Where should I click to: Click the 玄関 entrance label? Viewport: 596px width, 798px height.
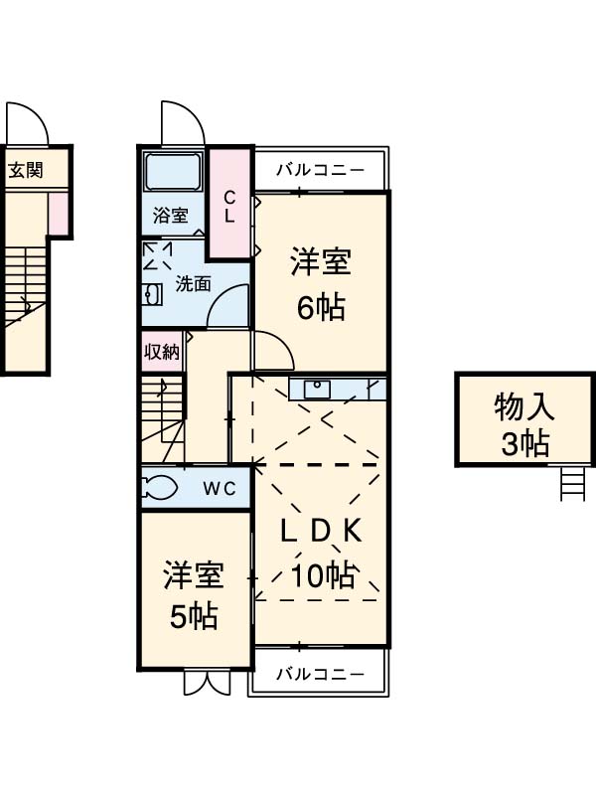tap(27, 169)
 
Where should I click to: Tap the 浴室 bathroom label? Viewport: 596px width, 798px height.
tap(169, 214)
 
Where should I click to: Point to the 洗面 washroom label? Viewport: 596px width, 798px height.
tap(193, 282)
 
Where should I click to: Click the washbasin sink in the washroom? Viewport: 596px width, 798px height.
tap(151, 294)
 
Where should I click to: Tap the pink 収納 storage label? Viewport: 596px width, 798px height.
tap(162, 350)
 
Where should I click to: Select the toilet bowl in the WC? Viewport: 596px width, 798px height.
tap(160, 488)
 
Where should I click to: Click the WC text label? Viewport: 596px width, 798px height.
tap(219, 488)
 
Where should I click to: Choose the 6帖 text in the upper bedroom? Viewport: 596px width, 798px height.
tap(320, 308)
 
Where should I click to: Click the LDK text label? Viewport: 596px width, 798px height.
tap(320, 532)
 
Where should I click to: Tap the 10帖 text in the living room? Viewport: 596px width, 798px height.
tap(322, 575)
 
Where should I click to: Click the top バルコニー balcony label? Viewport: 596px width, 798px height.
tap(315, 169)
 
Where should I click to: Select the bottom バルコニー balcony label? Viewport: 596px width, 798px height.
tap(315, 674)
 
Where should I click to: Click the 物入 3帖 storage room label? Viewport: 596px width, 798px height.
tap(523, 422)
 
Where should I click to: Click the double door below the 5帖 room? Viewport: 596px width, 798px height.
tap(207, 684)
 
